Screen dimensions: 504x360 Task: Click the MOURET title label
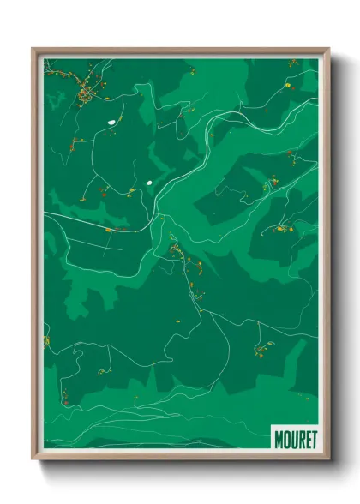(295, 439)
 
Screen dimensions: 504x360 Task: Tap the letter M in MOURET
(279, 439)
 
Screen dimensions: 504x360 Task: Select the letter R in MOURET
(300, 439)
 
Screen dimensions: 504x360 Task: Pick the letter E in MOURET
(306, 439)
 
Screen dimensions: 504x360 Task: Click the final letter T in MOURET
(313, 439)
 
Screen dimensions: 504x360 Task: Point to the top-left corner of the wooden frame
(33, 49)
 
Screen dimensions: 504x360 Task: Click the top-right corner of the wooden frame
(328, 49)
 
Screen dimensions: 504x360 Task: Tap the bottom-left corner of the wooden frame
(33, 459)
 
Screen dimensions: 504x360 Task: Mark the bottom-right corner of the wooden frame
(328, 459)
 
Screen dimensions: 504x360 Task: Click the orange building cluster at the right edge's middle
(282, 228)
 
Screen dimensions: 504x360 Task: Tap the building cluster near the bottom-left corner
(63, 394)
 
